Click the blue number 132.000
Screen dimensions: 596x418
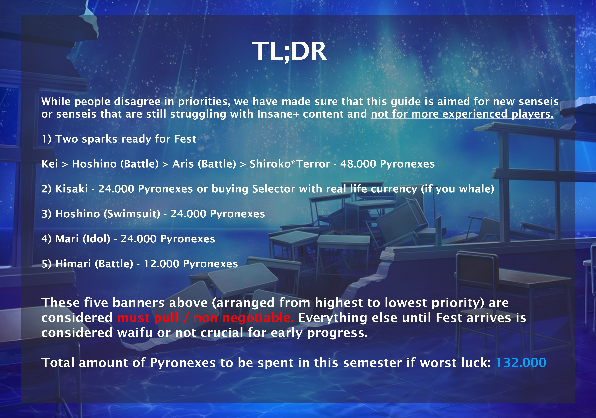click(x=521, y=363)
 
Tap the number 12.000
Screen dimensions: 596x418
click(x=161, y=264)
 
